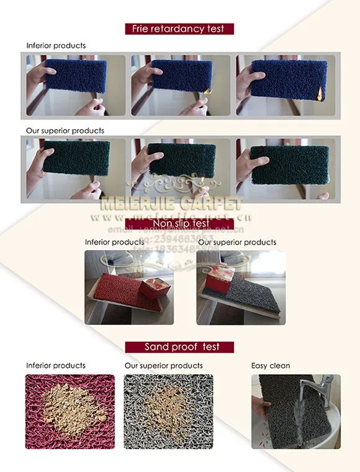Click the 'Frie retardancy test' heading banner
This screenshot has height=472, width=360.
tap(179, 29)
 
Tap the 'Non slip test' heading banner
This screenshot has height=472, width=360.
tap(179, 224)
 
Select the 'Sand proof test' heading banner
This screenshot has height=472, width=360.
tap(181, 347)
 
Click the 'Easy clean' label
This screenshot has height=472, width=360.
tap(271, 365)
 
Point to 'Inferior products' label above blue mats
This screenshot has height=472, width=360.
tap(56, 46)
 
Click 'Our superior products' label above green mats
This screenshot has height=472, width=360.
tap(65, 131)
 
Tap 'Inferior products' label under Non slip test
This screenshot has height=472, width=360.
tap(114, 242)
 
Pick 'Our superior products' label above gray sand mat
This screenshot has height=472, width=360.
tap(163, 365)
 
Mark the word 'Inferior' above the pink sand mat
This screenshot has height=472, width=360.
tap(38, 365)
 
